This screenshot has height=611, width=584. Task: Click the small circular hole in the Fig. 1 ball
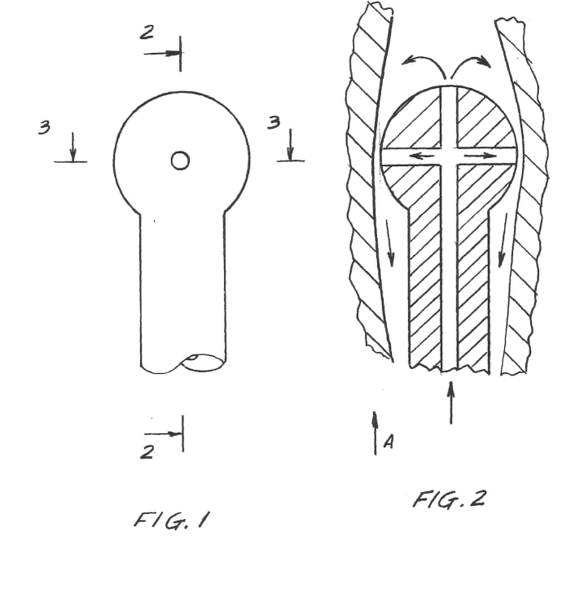coord(180,160)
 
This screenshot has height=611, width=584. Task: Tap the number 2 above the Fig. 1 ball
coord(146,33)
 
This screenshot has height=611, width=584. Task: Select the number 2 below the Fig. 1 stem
coord(148,452)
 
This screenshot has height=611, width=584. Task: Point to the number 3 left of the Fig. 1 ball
coord(44,127)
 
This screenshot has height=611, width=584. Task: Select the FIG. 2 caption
coord(449,499)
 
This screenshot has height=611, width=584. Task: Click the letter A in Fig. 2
coord(388,443)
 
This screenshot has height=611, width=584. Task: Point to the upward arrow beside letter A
coord(375,432)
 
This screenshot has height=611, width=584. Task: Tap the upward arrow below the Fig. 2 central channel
coord(450,402)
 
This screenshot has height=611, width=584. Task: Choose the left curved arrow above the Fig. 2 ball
coord(422,64)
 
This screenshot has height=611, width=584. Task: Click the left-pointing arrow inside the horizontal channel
coord(420,156)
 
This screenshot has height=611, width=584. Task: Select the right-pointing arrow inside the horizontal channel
coord(480,157)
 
